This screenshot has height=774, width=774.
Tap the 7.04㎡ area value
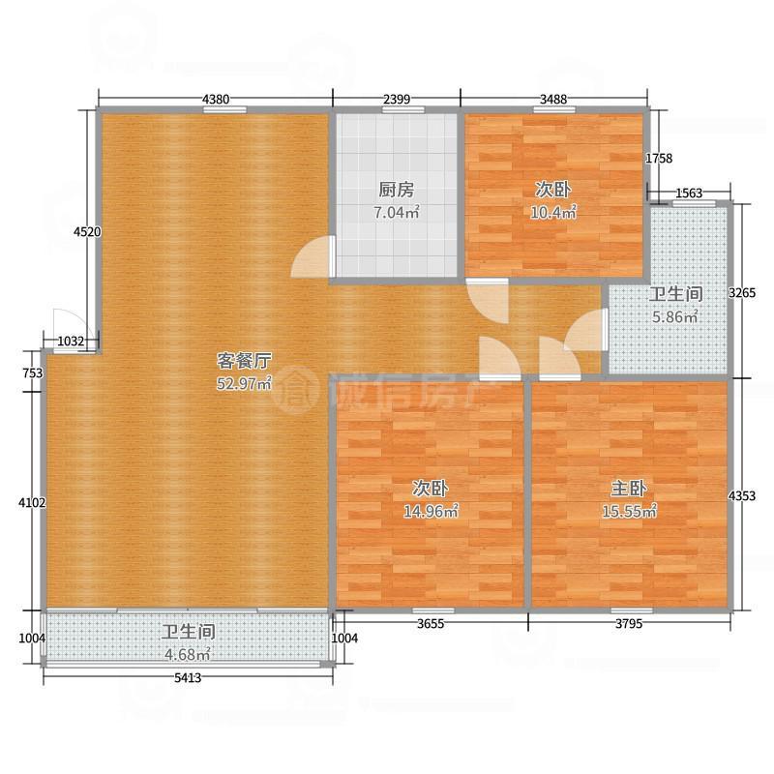(x=396, y=213)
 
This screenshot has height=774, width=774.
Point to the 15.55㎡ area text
(x=629, y=511)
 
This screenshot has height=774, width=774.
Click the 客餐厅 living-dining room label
(x=243, y=360)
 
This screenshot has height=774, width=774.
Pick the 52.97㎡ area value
(x=243, y=383)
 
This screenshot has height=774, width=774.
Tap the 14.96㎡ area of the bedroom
(x=430, y=511)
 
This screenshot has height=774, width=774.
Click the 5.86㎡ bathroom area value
(x=674, y=316)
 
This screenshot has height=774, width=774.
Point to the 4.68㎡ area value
(x=187, y=653)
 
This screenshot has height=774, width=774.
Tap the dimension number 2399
(x=397, y=99)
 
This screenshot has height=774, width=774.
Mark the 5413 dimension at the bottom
(x=188, y=678)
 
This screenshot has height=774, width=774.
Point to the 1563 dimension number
(x=689, y=193)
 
